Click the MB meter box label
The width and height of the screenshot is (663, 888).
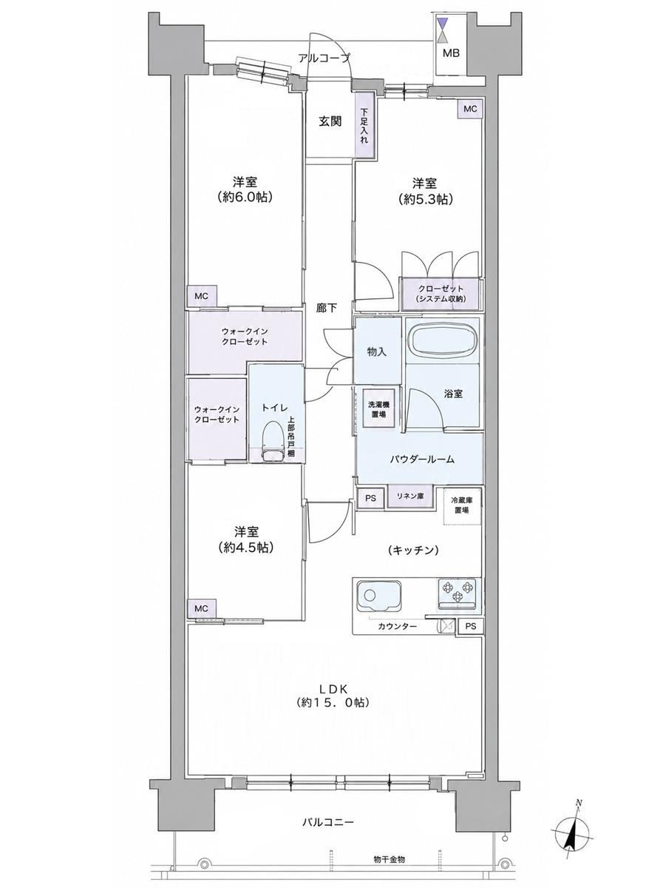(x=450, y=53)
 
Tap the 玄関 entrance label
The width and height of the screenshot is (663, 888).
(x=330, y=121)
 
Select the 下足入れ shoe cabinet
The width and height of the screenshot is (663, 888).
(x=364, y=125)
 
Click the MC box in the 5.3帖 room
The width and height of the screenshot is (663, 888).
(x=470, y=109)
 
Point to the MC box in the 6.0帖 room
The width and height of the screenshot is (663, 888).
(x=201, y=296)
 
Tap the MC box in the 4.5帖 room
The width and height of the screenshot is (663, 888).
(x=201, y=608)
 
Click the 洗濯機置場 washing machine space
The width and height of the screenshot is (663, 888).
(x=378, y=408)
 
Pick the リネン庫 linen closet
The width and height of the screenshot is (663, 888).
(x=410, y=497)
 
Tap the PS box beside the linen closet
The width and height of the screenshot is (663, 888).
(x=370, y=499)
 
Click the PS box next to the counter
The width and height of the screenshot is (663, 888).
(x=470, y=626)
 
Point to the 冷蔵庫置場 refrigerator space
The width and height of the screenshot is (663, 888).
(x=461, y=505)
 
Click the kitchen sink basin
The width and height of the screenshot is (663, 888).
(x=378, y=596)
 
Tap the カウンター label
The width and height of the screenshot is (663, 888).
(x=397, y=627)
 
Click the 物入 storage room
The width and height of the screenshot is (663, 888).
(x=377, y=350)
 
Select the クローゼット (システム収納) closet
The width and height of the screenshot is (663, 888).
(x=441, y=294)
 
